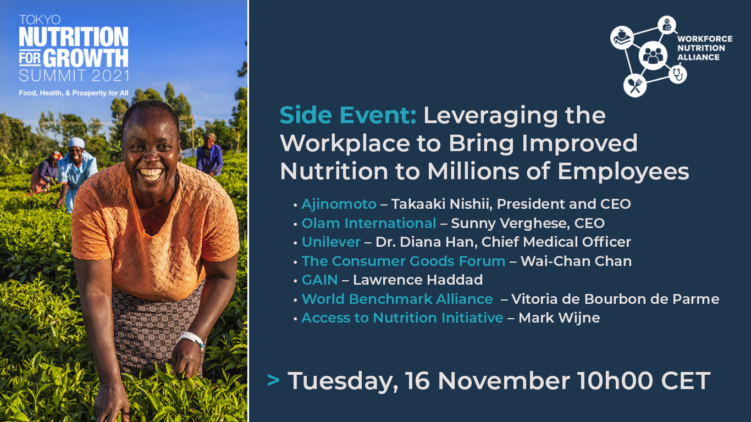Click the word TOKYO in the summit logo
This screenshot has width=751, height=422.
pos(40,20)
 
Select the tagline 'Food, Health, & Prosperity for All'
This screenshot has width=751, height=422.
pos(74,93)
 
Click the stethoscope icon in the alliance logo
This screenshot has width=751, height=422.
pos(678,74)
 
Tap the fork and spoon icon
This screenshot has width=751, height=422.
pos(634,86)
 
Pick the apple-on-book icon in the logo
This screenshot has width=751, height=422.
pos(622,37)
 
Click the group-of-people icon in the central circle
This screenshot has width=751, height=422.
pos(653,55)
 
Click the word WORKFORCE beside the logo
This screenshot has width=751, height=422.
pos(705,39)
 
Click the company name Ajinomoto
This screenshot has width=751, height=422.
pos(339,204)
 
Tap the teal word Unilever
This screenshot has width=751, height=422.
pos(331,242)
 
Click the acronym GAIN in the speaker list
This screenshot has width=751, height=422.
pos(319,280)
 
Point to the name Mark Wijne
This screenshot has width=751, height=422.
pos(559,318)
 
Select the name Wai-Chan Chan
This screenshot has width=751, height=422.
pos(576,261)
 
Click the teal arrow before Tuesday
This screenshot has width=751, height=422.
pos(273,380)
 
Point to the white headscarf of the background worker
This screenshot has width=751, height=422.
pos(76,143)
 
